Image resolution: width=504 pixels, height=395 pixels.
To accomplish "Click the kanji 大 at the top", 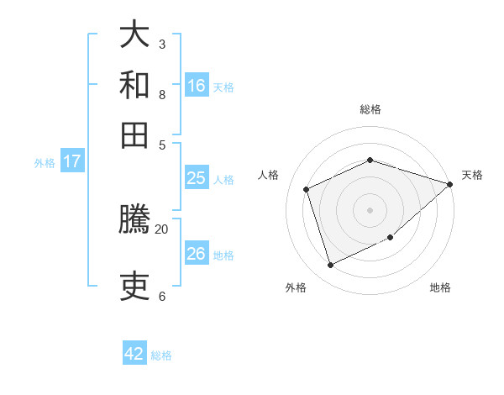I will pyautogui.click(x=135, y=35).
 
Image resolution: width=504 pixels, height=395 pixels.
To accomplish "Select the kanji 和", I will pyautogui.click(x=135, y=85).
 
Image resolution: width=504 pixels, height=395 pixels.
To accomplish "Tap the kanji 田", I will pyautogui.click(x=135, y=134).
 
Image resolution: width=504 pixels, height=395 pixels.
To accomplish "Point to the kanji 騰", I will pyautogui.click(x=135, y=220).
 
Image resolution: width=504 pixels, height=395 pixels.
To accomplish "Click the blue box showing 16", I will pyautogui.click(x=197, y=85).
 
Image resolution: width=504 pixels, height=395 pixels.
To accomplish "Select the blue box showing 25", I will pyautogui.click(x=197, y=178).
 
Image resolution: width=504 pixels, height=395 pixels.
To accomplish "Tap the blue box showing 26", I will pyautogui.click(x=197, y=254).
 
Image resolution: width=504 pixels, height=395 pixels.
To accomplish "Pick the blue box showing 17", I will pyautogui.click(x=72, y=161).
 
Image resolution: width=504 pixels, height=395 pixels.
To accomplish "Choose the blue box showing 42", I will pyautogui.click(x=134, y=354).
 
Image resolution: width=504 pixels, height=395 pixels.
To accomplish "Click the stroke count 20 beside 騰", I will pyautogui.click(x=162, y=229).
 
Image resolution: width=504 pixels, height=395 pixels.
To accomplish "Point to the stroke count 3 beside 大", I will pyautogui.click(x=162, y=44).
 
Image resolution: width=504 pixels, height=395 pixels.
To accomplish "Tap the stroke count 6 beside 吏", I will pyautogui.click(x=162, y=296).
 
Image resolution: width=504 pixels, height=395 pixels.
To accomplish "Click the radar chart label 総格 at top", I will pyautogui.click(x=370, y=109).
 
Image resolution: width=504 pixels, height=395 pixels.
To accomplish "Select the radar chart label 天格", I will pyautogui.click(x=472, y=175).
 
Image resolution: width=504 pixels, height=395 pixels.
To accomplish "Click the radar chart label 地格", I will pyautogui.click(x=440, y=287).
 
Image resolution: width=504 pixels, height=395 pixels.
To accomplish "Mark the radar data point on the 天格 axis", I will pyautogui.click(x=450, y=184).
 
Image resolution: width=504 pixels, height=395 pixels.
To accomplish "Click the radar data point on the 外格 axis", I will pyautogui.click(x=331, y=266).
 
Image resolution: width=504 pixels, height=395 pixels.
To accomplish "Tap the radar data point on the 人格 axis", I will pyautogui.click(x=307, y=189).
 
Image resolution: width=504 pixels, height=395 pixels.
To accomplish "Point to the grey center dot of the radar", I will pyautogui.click(x=370, y=210).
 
